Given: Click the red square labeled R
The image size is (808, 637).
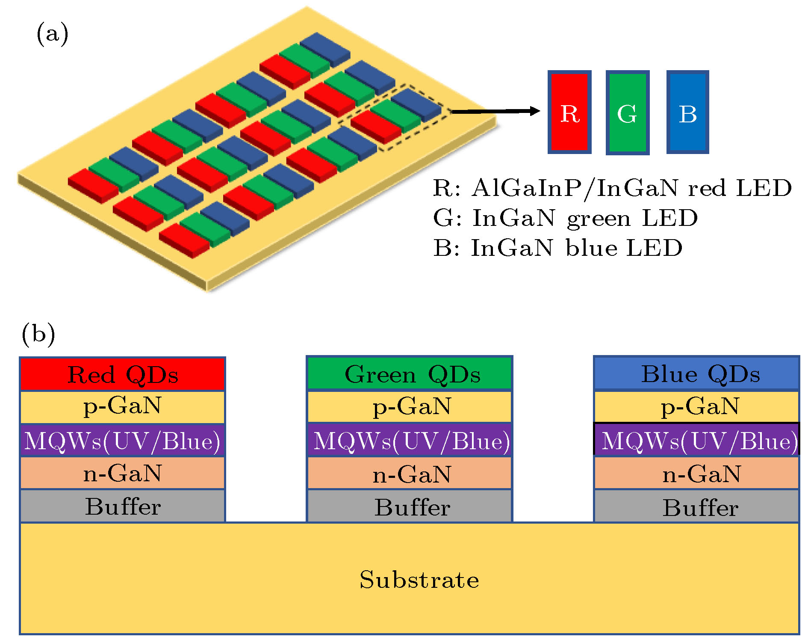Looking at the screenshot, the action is (x=569, y=112).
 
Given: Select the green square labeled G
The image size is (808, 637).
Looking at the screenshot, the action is (x=628, y=113).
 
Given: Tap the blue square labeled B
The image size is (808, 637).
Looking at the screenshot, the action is (x=687, y=112).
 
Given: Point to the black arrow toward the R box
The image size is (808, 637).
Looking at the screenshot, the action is (x=495, y=111).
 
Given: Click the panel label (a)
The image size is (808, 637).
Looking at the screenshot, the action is (x=53, y=34).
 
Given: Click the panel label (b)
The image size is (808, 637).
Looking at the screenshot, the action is (x=38, y=334).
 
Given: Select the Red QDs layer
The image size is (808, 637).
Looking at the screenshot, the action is (x=123, y=374).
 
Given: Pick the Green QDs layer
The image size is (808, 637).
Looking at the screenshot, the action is (x=410, y=373).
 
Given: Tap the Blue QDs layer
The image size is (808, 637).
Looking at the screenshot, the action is (x=696, y=373).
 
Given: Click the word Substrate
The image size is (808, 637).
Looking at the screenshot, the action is (x=419, y=580).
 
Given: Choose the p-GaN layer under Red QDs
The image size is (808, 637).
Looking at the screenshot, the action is (x=123, y=407).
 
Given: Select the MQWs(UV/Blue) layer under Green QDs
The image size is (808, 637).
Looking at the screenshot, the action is (x=410, y=440).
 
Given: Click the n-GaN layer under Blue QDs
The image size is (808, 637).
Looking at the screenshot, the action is (x=696, y=473).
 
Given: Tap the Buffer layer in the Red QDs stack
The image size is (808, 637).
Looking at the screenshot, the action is (x=123, y=506).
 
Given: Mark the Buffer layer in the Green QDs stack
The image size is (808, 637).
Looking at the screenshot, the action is (x=410, y=506).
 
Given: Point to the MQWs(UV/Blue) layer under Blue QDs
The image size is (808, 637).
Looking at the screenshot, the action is (x=696, y=440).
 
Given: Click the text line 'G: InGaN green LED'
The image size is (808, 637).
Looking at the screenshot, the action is (x=565, y=219).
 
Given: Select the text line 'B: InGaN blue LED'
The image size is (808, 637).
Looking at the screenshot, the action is (x=557, y=248).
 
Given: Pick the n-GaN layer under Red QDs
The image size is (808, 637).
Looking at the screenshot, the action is (x=123, y=473).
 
